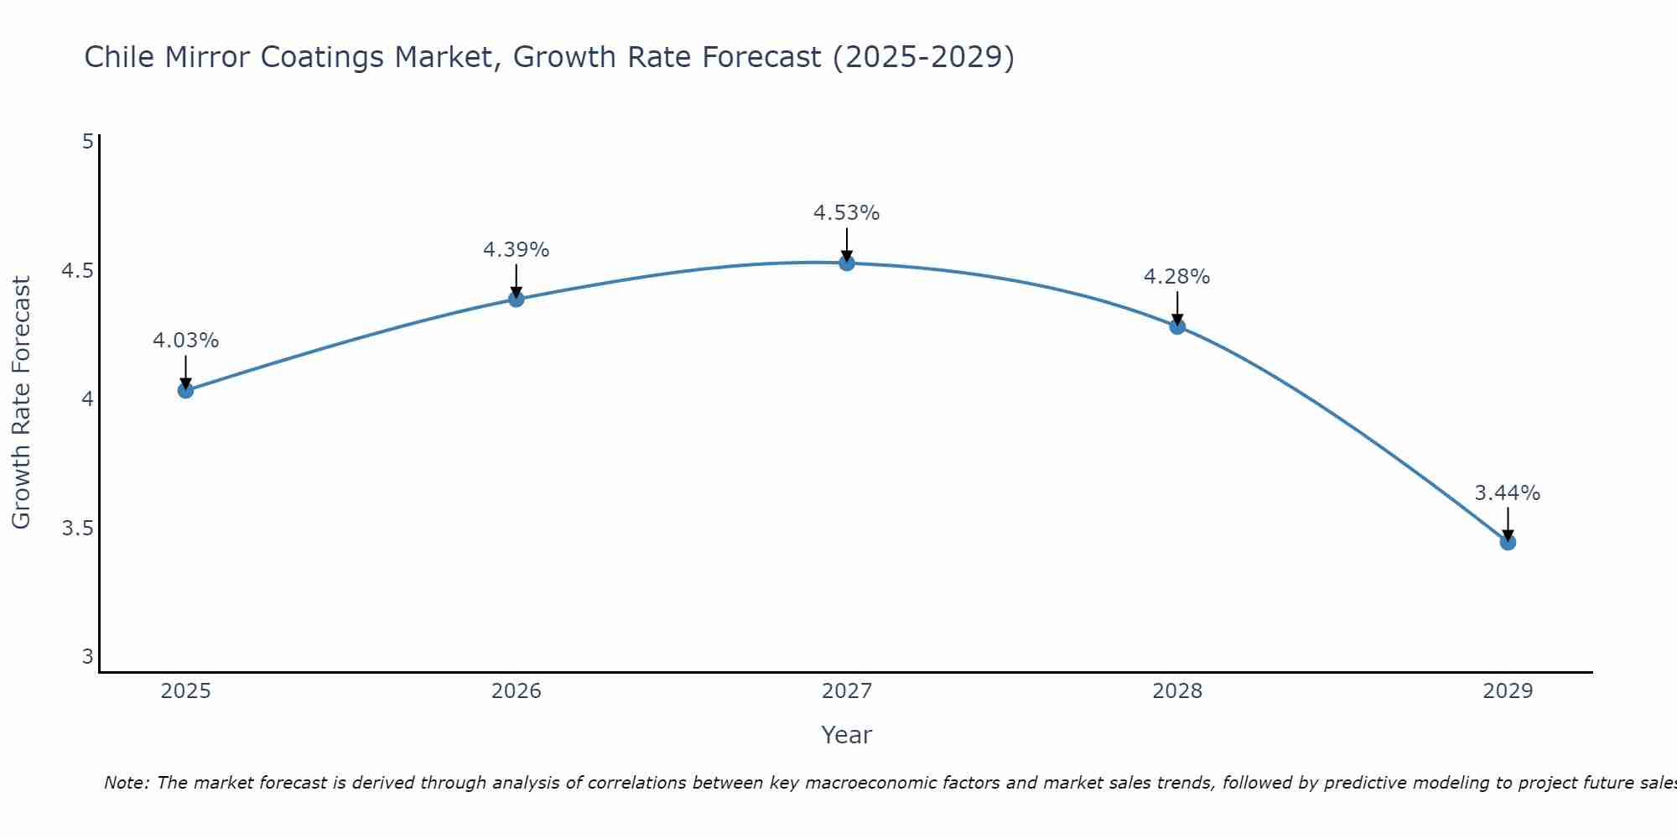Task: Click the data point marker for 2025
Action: (x=185, y=390)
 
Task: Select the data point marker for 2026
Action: (x=516, y=299)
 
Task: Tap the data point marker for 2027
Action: (x=847, y=263)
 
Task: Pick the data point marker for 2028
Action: (x=1177, y=326)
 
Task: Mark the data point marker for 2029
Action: (x=1508, y=542)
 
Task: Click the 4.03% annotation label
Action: (x=185, y=341)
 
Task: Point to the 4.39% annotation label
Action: (x=516, y=250)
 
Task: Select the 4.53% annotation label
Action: (x=847, y=213)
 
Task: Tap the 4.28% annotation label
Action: (x=1177, y=277)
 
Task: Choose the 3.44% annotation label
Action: (x=1508, y=493)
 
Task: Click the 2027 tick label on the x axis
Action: (x=847, y=691)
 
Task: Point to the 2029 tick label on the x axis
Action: (x=1508, y=691)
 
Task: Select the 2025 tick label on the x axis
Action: (x=185, y=691)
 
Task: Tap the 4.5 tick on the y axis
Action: (x=77, y=270)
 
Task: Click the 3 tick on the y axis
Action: (x=87, y=656)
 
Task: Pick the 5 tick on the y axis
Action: (x=87, y=141)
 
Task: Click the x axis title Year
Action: (x=847, y=735)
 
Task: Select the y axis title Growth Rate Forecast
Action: (x=21, y=403)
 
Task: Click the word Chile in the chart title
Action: (x=119, y=57)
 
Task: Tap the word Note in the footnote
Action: (x=126, y=783)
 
